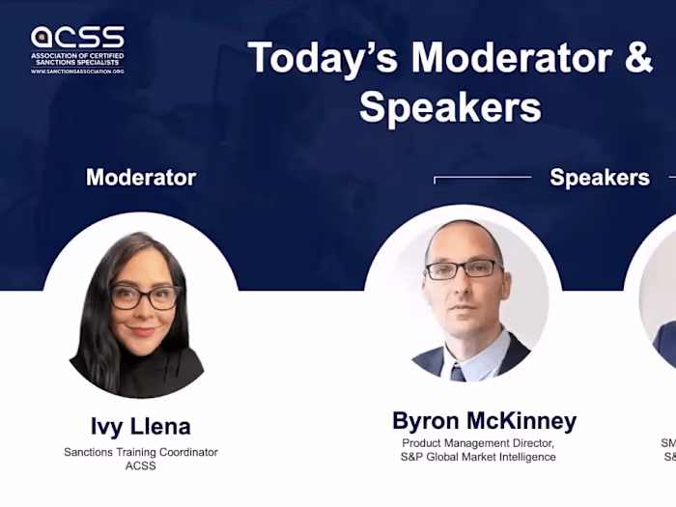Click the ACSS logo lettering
77,38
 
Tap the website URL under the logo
77,70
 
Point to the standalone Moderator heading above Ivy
141,178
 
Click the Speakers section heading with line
599,178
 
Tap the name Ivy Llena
141,426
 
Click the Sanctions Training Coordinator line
141,452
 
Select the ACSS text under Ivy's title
141,466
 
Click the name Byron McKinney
484,421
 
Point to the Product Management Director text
478,443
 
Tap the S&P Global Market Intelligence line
478,457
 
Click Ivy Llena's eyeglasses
145,296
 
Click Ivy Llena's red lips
142,331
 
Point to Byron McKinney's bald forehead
464,241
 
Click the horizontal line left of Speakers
483,178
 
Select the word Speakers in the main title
450,106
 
